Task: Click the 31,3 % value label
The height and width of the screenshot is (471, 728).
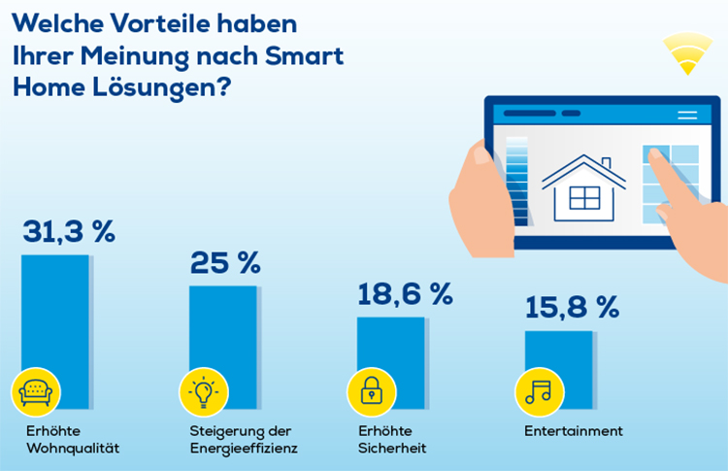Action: tap(68, 232)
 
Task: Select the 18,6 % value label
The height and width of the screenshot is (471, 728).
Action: tap(405, 295)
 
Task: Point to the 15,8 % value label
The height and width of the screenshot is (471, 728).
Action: tap(572, 308)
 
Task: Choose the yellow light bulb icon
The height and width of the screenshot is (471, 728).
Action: tap(204, 391)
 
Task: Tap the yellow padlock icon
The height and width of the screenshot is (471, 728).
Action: tap(372, 391)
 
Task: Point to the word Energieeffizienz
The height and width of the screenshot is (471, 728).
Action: tap(243, 449)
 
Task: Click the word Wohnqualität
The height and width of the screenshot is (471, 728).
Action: tap(73, 449)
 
